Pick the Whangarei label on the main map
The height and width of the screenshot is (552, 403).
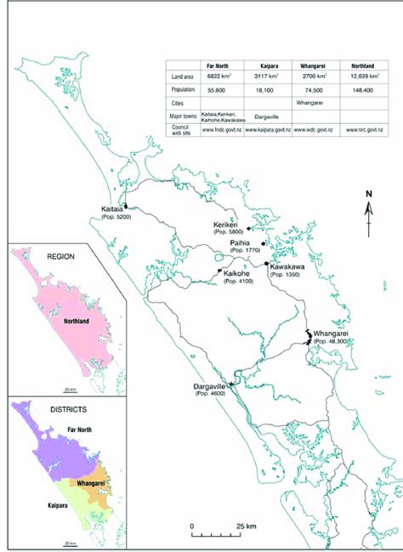pyautogui.click(x=332, y=333)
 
